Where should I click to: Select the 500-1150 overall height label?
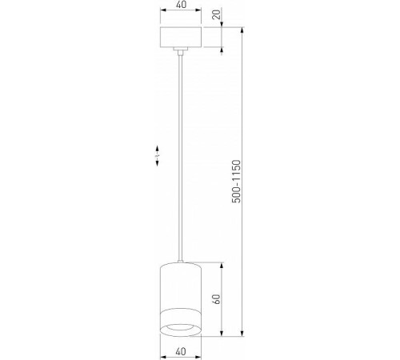pos(236,183)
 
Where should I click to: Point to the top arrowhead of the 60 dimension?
pos(222,264)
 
